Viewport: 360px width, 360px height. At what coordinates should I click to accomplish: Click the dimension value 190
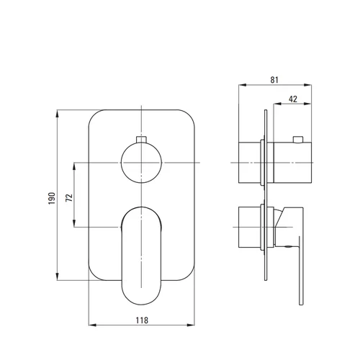52,198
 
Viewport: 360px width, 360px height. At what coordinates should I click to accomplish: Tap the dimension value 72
69,197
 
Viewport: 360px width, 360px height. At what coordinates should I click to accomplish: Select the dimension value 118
142,320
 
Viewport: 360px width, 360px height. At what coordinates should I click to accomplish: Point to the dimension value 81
274,80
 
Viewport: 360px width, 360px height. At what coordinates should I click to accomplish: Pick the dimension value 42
293,99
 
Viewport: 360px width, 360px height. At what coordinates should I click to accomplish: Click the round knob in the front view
141,163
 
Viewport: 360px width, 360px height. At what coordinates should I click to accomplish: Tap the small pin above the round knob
141,140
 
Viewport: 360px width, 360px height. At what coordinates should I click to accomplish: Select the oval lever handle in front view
142,256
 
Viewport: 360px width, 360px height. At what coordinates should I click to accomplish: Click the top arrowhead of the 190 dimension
58,114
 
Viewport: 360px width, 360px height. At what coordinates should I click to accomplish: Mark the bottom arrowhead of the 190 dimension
58,276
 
